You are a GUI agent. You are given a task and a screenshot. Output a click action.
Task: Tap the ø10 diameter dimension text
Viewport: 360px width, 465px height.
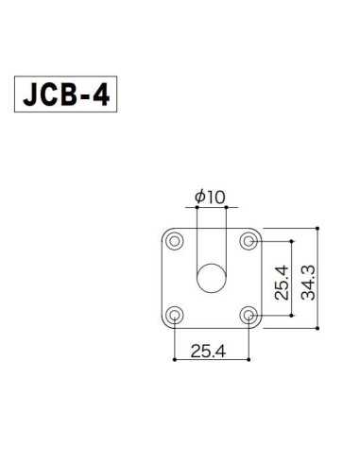click(210, 197)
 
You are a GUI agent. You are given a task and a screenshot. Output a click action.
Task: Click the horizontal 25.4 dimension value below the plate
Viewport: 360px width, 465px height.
click(212, 351)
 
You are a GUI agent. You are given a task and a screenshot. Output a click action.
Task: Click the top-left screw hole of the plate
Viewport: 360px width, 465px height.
click(175, 241)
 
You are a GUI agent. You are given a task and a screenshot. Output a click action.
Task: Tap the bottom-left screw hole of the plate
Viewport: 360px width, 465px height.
click(175, 315)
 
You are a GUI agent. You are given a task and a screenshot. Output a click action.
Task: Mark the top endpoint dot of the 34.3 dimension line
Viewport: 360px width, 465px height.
click(318, 227)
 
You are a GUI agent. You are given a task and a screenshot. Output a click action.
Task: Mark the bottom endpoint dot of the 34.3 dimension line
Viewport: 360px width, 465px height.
click(318, 328)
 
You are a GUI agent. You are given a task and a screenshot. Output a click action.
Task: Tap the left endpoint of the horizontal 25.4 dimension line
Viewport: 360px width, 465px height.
click(175, 359)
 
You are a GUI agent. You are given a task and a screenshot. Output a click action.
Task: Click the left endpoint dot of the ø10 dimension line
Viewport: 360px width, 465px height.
click(197, 207)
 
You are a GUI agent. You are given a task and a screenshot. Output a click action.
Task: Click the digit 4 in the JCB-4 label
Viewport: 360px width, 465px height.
click(106, 95)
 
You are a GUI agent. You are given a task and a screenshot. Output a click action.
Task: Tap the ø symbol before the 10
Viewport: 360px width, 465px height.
click(198, 197)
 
